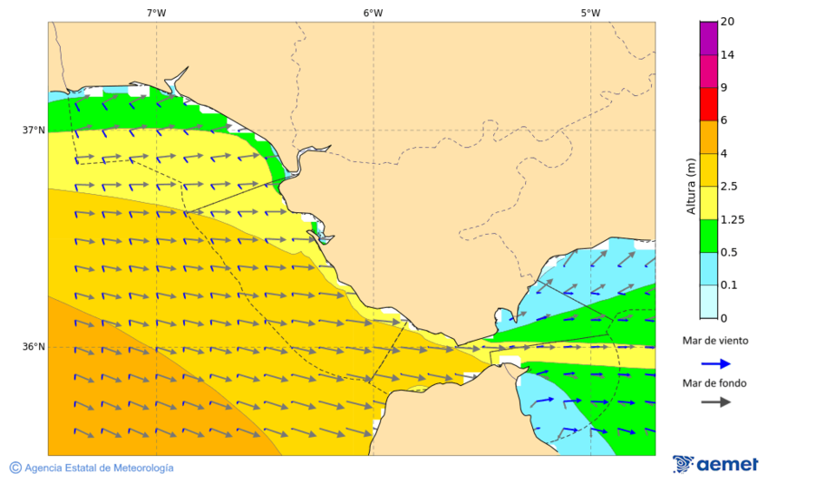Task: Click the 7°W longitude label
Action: (x=156, y=13)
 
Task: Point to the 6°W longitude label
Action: (x=373, y=13)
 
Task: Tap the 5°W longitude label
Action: (x=590, y=13)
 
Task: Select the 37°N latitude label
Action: (x=34, y=130)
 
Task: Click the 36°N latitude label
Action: (x=34, y=347)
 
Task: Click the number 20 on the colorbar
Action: (x=727, y=22)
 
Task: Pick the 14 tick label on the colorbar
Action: (x=727, y=55)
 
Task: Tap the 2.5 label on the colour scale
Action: (x=728, y=187)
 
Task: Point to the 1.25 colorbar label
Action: (x=731, y=219)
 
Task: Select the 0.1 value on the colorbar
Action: (x=728, y=285)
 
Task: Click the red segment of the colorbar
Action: (x=708, y=104)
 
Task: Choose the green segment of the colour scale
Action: (x=708, y=236)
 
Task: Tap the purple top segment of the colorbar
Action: (x=708, y=38)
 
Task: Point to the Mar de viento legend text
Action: (x=715, y=341)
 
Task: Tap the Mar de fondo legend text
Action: (x=715, y=383)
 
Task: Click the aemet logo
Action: (x=715, y=464)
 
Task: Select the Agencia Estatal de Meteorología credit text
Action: (x=92, y=468)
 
